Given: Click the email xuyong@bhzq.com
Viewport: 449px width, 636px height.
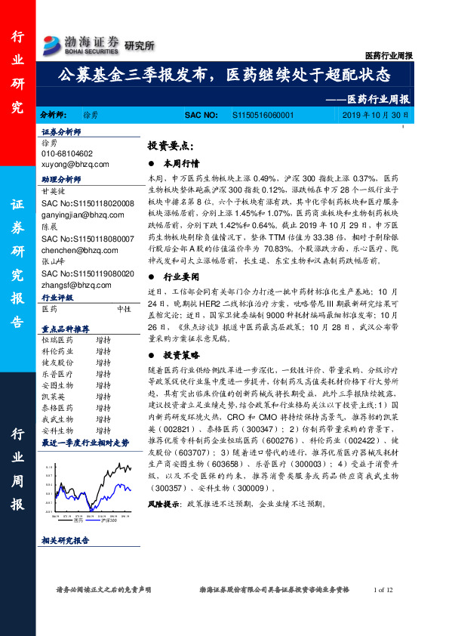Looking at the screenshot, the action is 75,164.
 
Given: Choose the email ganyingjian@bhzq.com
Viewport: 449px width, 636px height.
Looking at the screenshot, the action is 83,215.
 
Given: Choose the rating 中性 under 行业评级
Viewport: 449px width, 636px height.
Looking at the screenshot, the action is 124,309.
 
